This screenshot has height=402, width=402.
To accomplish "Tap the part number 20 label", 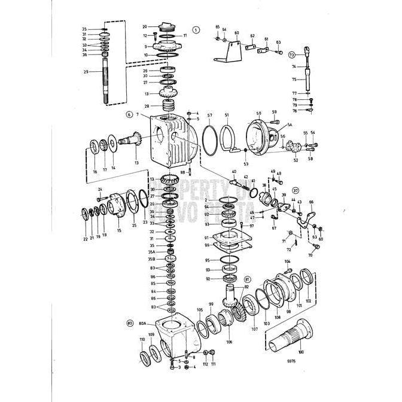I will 144,27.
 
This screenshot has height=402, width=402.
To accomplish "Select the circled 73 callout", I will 292,54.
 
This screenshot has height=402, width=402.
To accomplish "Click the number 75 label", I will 294,79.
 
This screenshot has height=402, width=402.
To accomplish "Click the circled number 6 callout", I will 129,113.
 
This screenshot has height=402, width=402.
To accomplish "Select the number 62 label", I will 252,36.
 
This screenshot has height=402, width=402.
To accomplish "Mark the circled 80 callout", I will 129,323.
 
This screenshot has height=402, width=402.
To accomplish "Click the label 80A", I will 142,323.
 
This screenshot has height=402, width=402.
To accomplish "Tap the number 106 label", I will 229,342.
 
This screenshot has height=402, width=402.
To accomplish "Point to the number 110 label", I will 142,339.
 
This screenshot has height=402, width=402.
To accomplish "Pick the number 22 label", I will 85,239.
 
